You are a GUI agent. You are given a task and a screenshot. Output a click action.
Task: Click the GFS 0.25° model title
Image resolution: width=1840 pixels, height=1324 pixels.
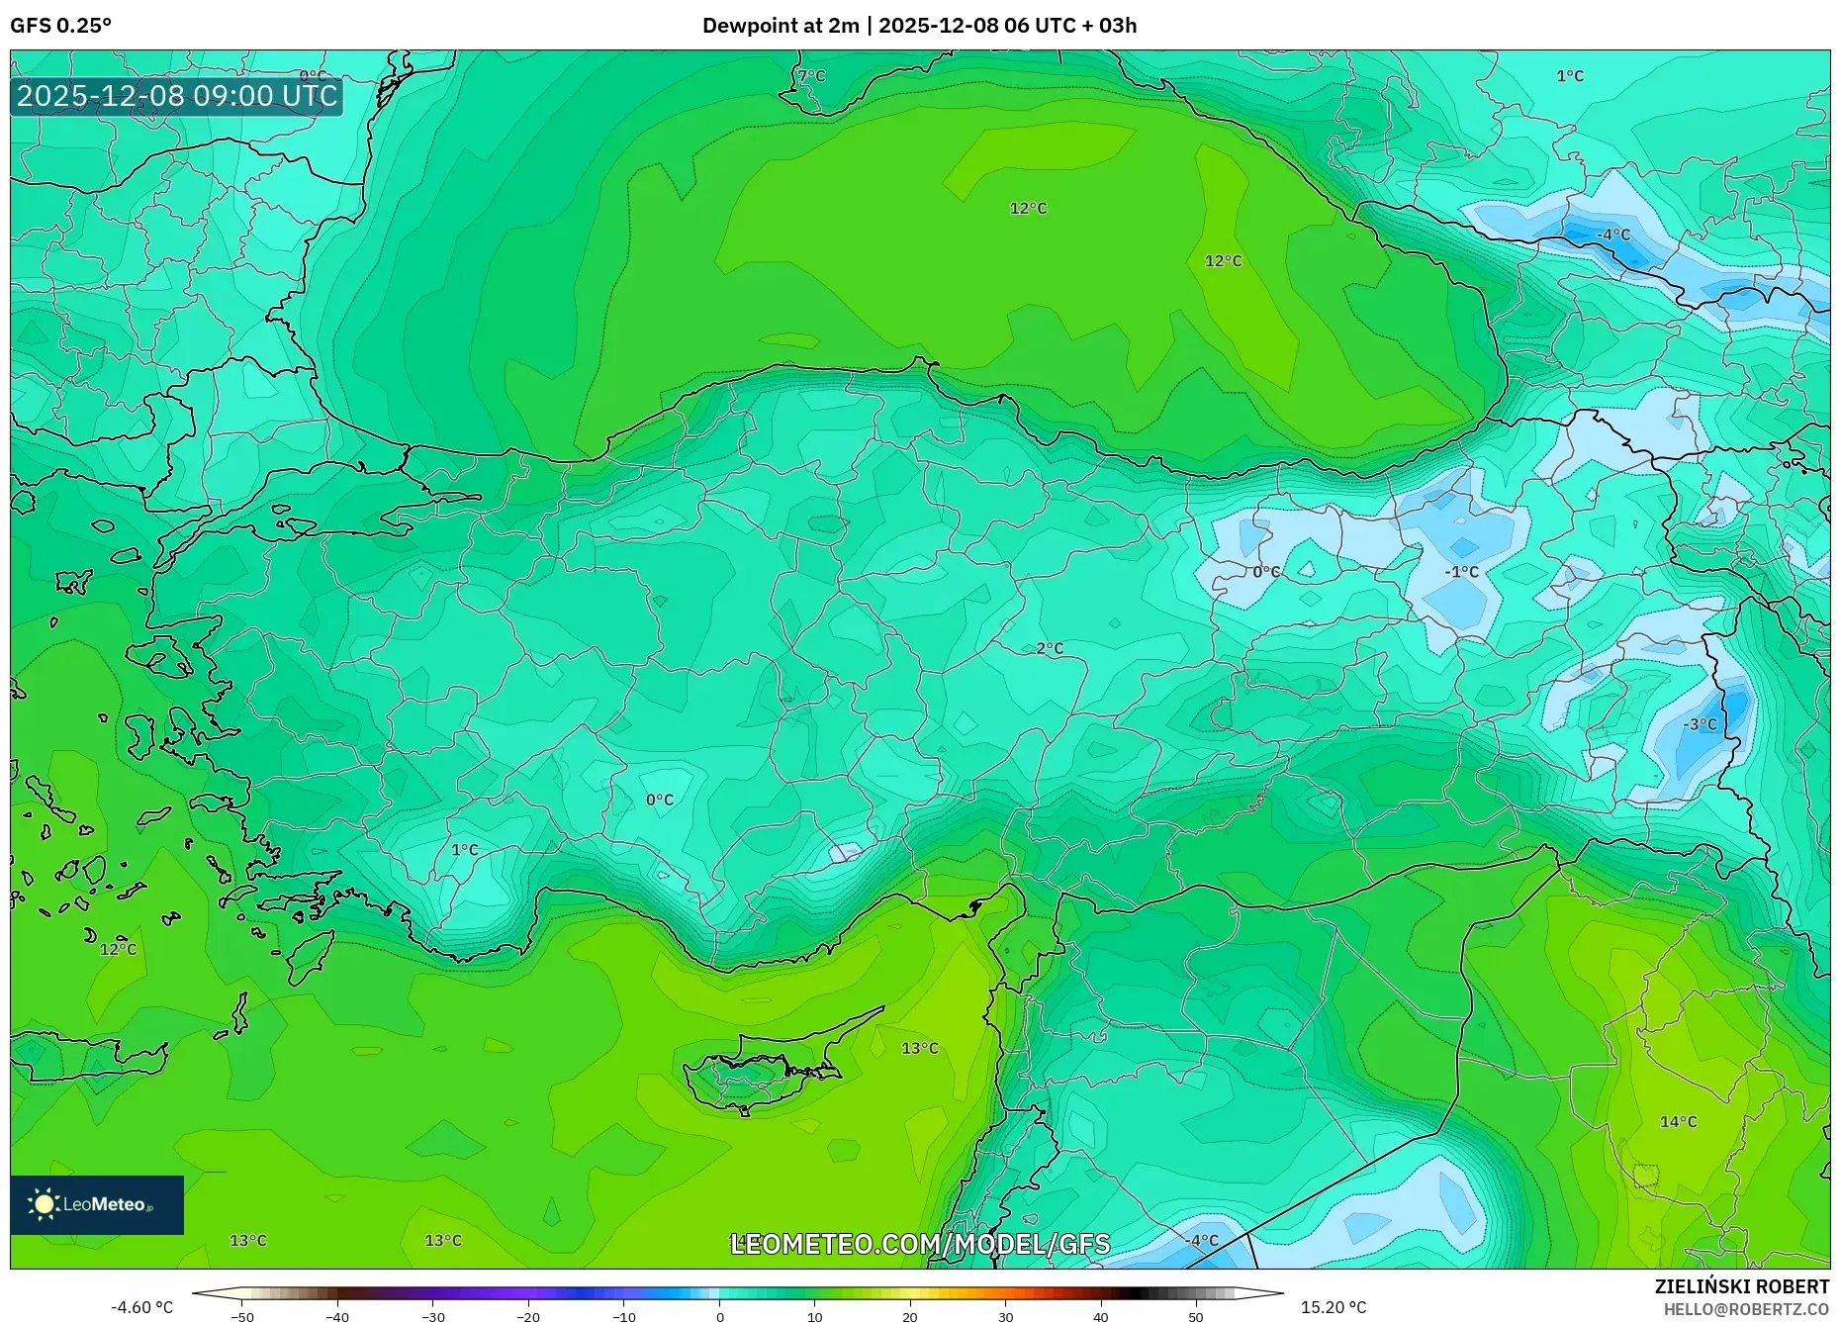[x=61, y=26]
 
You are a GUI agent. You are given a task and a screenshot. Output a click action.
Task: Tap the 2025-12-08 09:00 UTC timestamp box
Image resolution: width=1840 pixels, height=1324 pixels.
[x=177, y=96]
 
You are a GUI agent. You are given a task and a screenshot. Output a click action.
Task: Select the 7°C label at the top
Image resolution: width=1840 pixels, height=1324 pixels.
[x=811, y=76]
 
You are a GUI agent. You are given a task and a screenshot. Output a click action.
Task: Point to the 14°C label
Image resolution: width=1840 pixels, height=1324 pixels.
[x=1678, y=1121]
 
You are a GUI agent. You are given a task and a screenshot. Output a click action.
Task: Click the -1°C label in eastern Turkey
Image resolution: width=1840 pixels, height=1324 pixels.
[x=1461, y=572]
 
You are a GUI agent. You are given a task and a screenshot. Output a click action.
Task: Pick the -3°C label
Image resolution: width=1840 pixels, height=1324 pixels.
[x=1700, y=724]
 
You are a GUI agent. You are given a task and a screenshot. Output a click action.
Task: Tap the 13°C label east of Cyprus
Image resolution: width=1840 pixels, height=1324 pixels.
[x=920, y=1048]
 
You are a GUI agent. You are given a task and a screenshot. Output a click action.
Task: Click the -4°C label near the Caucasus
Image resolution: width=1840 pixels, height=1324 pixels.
[x=1613, y=235]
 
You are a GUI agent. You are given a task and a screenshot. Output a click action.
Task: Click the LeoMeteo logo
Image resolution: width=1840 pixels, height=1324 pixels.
[x=97, y=1204]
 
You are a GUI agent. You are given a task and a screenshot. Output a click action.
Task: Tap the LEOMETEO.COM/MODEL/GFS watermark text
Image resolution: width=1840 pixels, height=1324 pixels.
[x=920, y=1244]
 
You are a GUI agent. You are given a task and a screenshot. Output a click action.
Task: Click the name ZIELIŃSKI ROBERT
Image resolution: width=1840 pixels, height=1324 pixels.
[x=1741, y=1286]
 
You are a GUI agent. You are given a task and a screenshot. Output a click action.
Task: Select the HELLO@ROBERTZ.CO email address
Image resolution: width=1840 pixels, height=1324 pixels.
[x=1746, y=1309]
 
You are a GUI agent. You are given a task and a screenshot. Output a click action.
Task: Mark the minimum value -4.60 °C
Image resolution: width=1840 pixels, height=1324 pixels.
[x=141, y=1307]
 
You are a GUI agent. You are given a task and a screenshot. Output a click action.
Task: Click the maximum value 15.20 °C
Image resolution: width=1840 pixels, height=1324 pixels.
[x=1334, y=1307]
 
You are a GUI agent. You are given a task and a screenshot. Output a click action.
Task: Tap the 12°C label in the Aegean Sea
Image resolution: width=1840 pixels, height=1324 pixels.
[x=118, y=949]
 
